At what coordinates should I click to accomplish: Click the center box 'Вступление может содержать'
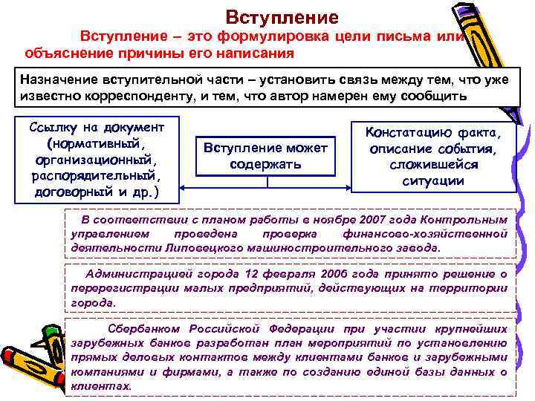(265, 156)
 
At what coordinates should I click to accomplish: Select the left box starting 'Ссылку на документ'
(100, 158)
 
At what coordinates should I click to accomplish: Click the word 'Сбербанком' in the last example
(146, 328)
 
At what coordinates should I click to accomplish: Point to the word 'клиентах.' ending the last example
(101, 386)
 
